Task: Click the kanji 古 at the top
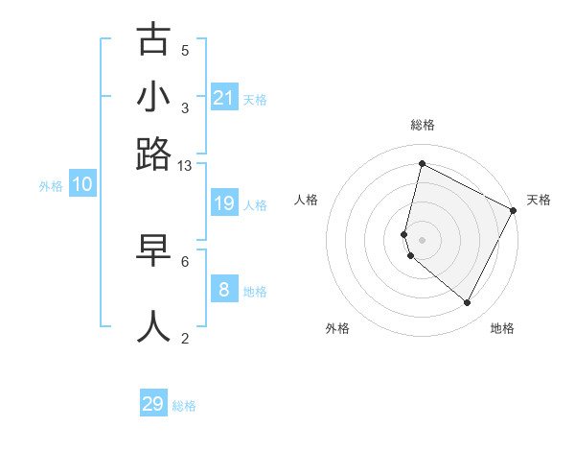click(x=153, y=40)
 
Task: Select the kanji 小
click(x=153, y=97)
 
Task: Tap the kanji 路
click(x=153, y=154)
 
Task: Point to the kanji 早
click(x=153, y=249)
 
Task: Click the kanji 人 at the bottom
click(x=153, y=324)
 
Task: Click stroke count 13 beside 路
click(x=185, y=166)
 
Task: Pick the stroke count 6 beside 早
click(x=185, y=260)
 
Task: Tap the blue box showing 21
click(x=223, y=98)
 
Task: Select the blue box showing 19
click(x=223, y=203)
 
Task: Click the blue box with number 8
click(x=223, y=289)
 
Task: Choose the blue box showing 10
click(x=81, y=185)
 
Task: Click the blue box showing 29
click(x=153, y=404)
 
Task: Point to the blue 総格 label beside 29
click(x=184, y=406)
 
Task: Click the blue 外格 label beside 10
click(x=51, y=186)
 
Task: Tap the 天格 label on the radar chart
click(x=539, y=200)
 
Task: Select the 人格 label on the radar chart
click(x=306, y=200)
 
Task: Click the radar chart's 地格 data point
click(x=468, y=303)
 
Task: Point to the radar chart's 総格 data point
click(x=422, y=163)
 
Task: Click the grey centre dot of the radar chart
click(x=422, y=239)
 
